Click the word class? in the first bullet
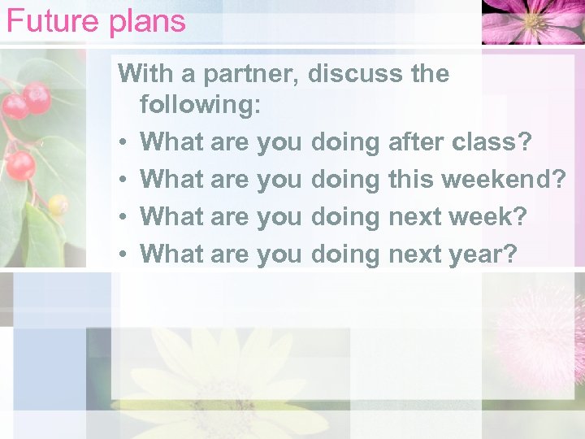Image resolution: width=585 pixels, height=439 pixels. click(x=492, y=142)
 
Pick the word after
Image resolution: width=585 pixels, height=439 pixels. click(x=417, y=142)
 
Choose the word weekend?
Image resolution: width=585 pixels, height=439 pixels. click(x=505, y=180)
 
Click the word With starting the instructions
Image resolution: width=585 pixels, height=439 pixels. click(x=147, y=74)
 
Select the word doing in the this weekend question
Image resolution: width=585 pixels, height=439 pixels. click(x=345, y=180)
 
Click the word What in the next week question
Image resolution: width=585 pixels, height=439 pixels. click(x=171, y=217)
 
